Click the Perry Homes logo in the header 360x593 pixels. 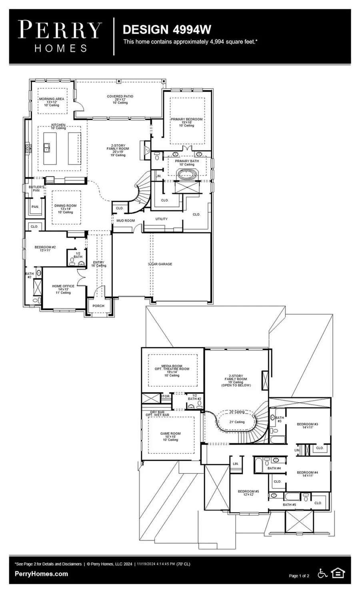(x=60, y=36)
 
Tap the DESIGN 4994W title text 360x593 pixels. (x=167, y=30)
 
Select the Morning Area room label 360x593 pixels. (x=51, y=99)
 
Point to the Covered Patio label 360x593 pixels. (x=120, y=97)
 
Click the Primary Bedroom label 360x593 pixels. (x=186, y=120)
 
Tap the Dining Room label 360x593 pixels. (x=65, y=206)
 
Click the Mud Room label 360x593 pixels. (x=126, y=221)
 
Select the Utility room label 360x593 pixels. (x=162, y=219)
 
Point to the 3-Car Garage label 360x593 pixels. (x=160, y=264)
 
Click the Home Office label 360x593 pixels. (x=63, y=286)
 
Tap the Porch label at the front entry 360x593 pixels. (x=98, y=306)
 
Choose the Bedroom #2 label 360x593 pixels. (x=45, y=248)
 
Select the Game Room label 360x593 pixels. (x=170, y=433)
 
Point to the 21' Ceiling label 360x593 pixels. (x=237, y=422)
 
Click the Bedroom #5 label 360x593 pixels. (x=248, y=491)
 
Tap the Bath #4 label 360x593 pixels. (x=274, y=468)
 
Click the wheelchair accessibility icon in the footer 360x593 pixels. (x=323, y=573)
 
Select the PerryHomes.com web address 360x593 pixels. (x=41, y=574)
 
